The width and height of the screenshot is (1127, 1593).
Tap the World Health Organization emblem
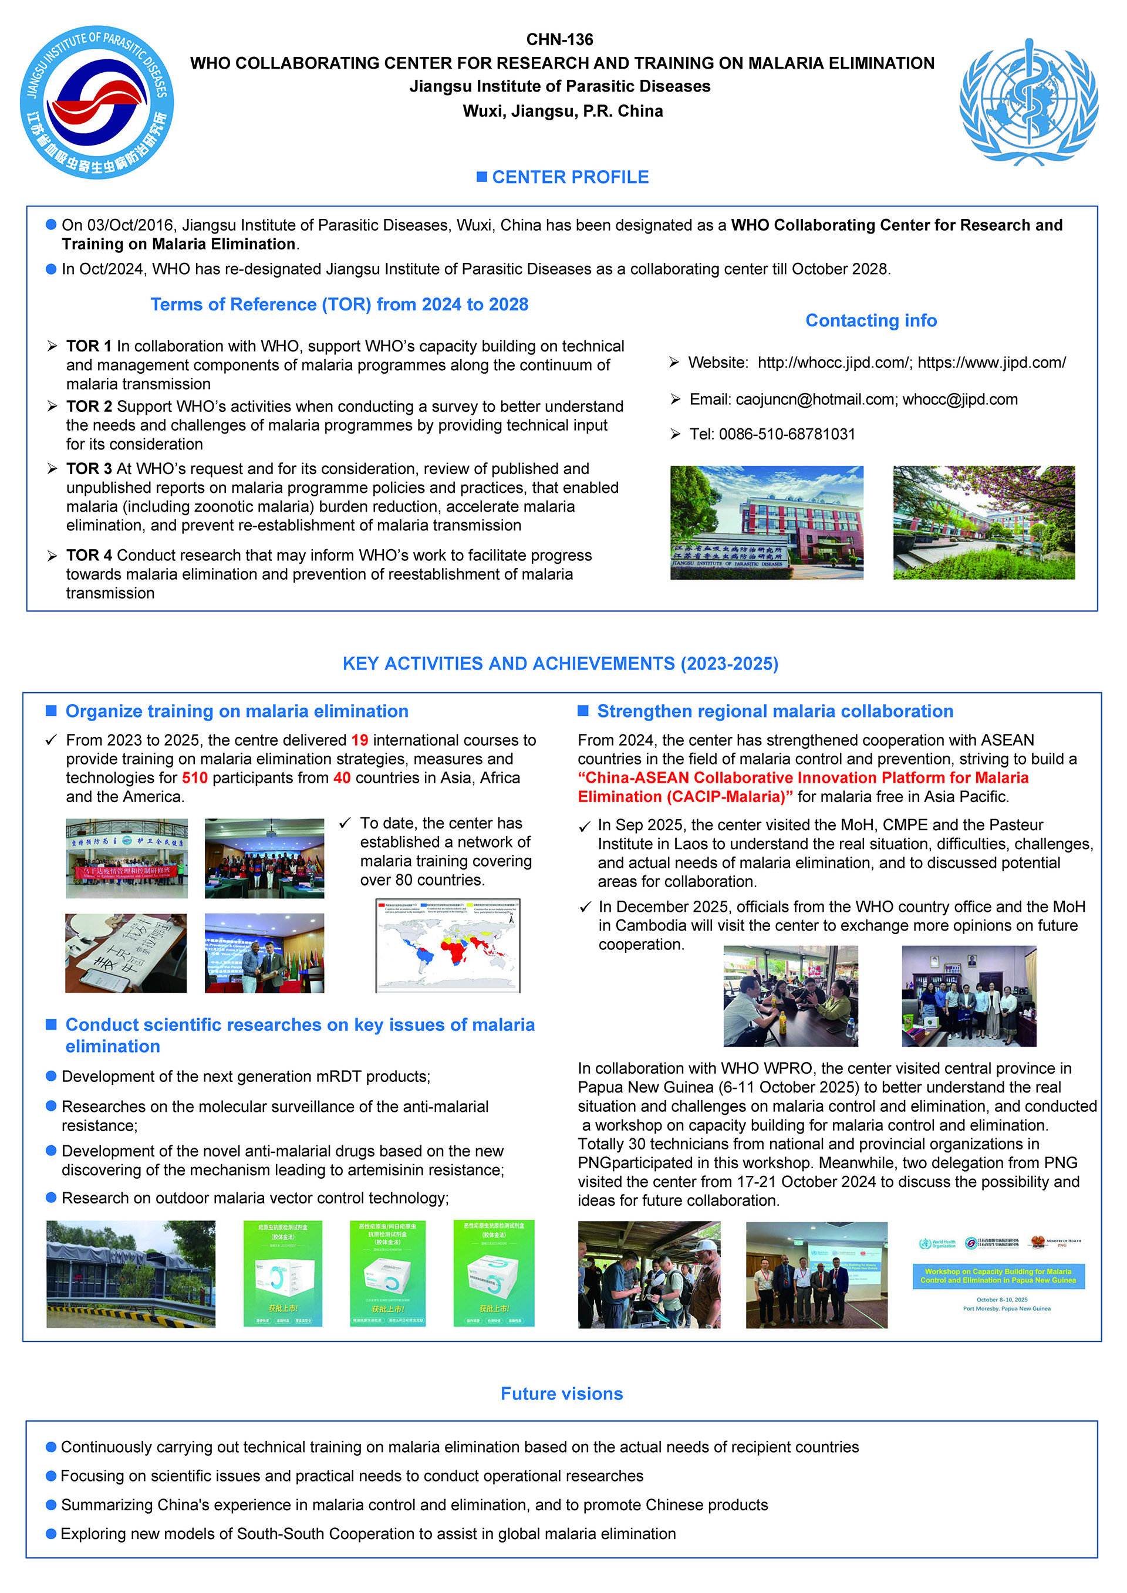tap(1028, 102)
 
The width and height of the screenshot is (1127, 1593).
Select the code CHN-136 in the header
tap(559, 39)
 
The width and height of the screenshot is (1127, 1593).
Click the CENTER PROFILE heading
tap(570, 178)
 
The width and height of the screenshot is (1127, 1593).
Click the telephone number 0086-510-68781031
tap(787, 434)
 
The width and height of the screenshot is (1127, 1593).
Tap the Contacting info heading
tap(870, 320)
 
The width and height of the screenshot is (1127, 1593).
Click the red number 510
tap(194, 778)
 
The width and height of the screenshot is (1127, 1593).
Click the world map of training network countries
tap(448, 946)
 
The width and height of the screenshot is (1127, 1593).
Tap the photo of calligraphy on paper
tap(126, 953)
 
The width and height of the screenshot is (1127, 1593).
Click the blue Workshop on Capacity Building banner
tap(998, 1276)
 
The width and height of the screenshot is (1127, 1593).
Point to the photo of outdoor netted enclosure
tap(130, 1274)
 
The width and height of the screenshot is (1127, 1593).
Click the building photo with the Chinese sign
tap(766, 522)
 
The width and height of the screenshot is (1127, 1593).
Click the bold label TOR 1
tap(89, 346)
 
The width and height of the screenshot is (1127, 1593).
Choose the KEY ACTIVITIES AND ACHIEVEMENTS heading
tap(560, 664)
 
